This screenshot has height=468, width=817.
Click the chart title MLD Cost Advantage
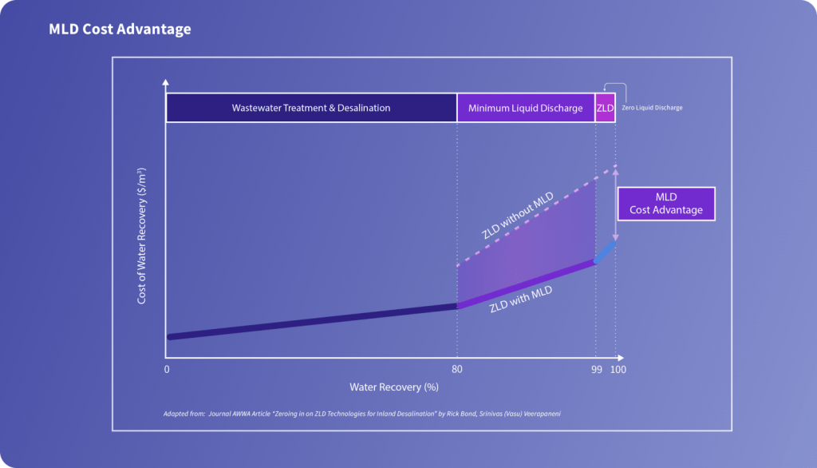(x=120, y=30)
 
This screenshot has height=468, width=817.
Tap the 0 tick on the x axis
(x=167, y=370)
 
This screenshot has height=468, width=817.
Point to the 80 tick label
(x=457, y=370)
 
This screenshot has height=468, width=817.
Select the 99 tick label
(x=595, y=370)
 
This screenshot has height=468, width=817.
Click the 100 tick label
(x=618, y=370)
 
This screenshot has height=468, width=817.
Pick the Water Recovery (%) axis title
(x=394, y=387)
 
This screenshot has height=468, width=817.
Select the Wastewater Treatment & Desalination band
(x=311, y=108)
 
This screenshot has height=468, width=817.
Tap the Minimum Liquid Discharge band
(x=526, y=108)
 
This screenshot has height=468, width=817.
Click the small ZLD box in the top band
(x=606, y=108)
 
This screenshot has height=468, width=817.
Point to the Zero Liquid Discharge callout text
(x=653, y=108)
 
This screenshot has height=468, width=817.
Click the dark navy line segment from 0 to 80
(x=311, y=321)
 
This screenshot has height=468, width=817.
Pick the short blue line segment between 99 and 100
(x=606, y=252)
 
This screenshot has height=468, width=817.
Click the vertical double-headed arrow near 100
(x=615, y=204)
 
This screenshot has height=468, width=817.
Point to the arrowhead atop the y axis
(x=166, y=83)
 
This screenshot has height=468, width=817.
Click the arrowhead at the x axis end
(x=621, y=356)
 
